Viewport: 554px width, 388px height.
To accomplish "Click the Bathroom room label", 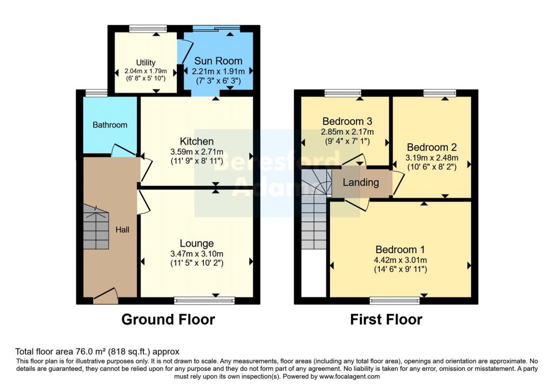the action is coord(110,125).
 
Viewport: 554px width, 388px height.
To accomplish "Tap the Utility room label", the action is coord(146,63).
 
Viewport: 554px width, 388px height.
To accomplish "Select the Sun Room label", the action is coord(219,61).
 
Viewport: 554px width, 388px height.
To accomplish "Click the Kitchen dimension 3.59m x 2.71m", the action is coord(197,152).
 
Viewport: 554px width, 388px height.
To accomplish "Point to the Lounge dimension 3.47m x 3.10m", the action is coord(197,254).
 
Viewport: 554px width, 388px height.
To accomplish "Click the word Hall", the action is coord(122,229).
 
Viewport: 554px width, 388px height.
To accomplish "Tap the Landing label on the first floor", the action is coord(361,182).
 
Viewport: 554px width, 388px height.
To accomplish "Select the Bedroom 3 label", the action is coord(347,122).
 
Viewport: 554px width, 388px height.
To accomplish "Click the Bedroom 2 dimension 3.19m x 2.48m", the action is coord(432,157).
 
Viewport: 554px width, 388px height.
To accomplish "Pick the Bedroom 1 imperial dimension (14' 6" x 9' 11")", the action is coord(401,269).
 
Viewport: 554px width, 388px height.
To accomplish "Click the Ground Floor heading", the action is coord(168,319).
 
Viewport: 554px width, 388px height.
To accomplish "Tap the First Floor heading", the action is coord(386,319).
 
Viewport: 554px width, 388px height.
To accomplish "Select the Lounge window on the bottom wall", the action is coord(205,300).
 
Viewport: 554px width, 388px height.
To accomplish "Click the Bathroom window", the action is coord(96,93).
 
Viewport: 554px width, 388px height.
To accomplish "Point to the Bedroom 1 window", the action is coord(394,301).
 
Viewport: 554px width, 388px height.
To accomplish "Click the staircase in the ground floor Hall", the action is coord(96,227).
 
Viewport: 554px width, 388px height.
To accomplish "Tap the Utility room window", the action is coord(148,29).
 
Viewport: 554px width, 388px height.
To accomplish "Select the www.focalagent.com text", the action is coord(350,376).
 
